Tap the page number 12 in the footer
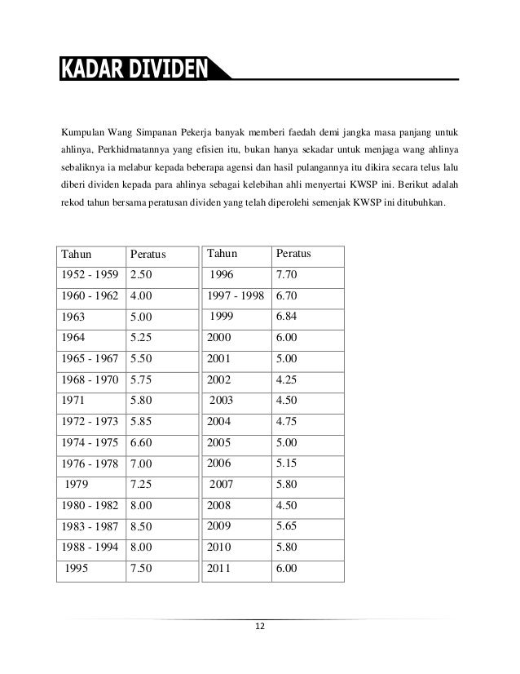pos(259,626)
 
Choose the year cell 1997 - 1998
pos(236,295)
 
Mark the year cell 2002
pos(220,379)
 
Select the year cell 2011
pos(220,570)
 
